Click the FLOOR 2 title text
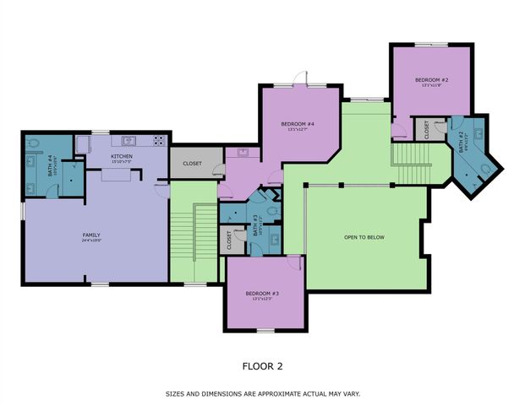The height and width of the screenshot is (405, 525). point(262,365)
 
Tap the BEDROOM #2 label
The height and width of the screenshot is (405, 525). point(430,81)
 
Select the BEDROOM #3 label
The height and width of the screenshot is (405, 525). point(262,294)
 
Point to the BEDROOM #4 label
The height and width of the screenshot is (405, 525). point(301,126)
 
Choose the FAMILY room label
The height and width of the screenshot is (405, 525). point(91,235)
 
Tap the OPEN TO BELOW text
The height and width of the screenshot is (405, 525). point(364,237)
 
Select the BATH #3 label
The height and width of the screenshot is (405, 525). point(254,223)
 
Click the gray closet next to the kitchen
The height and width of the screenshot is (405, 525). point(192,163)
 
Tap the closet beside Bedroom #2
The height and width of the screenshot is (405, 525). point(428,129)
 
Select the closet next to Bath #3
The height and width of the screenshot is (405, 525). point(229,240)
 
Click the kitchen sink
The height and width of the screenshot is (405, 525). point(129,142)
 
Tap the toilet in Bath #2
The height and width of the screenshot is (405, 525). point(484,169)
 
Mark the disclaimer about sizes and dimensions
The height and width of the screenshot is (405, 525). point(262,393)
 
